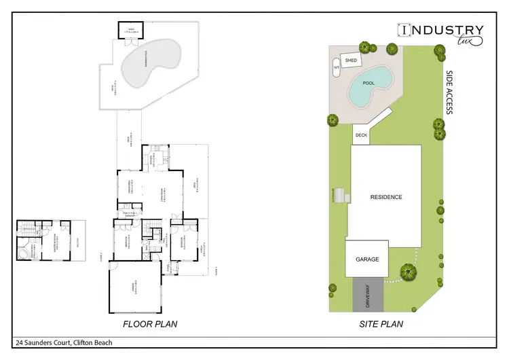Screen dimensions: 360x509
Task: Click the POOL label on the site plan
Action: (369, 83)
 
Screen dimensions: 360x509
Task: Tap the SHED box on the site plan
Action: (351, 60)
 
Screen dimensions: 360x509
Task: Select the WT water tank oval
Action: (336, 68)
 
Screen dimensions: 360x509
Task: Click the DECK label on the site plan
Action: (360, 135)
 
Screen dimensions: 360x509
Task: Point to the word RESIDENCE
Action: (385, 198)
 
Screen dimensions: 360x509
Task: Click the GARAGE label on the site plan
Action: (366, 259)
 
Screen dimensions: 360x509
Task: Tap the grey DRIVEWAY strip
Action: (368, 295)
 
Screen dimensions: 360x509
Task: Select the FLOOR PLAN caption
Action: (149, 324)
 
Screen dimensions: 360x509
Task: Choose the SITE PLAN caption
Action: (381, 324)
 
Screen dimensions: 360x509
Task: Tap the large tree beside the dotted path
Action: (407, 272)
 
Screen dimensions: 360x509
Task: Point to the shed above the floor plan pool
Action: (131, 30)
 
